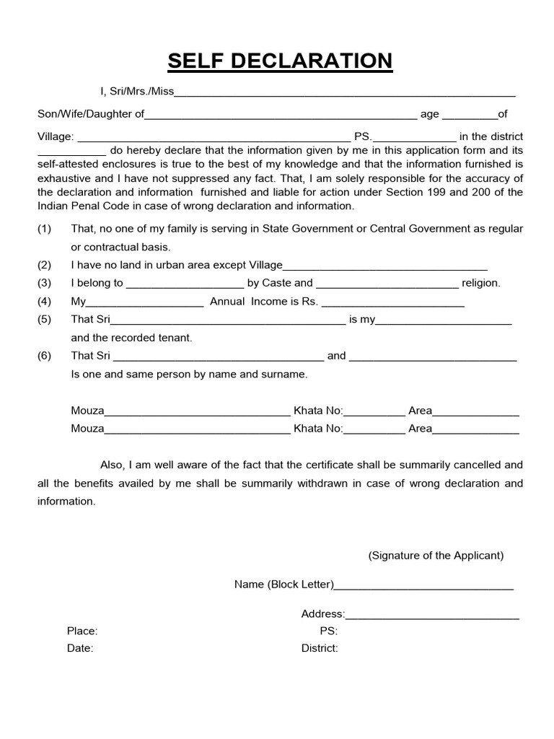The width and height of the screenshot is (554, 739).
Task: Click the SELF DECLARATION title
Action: pos(280,62)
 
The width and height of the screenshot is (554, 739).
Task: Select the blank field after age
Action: pos(469,116)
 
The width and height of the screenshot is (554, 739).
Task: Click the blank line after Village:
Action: pos(213,139)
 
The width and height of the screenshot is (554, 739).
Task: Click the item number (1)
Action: pos(45,229)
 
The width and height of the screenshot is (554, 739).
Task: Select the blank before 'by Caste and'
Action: pos(185,285)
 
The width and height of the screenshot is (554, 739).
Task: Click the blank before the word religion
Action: pos(387,285)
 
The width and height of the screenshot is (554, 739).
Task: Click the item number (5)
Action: pos(45,320)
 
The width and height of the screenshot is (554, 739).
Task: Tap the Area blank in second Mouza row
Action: pos(475,431)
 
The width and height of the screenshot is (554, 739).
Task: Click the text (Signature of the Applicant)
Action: pos(436,556)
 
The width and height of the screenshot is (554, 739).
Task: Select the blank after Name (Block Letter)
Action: pos(423,587)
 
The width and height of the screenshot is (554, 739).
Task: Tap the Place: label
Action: pos(82,631)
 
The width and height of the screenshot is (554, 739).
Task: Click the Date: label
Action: pos(80,648)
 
